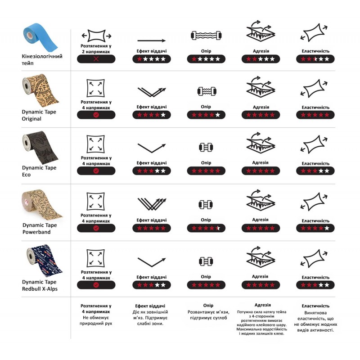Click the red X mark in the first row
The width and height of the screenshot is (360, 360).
pyautogui.click(x=96, y=59)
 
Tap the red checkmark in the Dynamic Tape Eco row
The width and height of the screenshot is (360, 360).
pyautogui.click(x=96, y=171)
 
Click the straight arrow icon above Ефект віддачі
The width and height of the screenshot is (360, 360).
pyautogui.click(x=152, y=40)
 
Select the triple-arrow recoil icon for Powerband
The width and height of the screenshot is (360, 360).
pyautogui.click(x=152, y=204)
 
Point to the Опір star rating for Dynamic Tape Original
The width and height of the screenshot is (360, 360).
pyautogui.click(x=206, y=115)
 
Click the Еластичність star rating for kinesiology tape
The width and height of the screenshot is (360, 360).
pyautogui.click(x=315, y=59)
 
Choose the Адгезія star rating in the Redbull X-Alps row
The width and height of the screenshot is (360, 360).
pyautogui.click(x=261, y=285)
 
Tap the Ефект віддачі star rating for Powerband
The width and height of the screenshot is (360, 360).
pyautogui.click(x=152, y=228)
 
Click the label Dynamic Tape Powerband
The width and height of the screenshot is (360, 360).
pyautogui.click(x=40, y=229)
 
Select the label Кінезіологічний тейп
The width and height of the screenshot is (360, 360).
pyautogui.click(x=42, y=59)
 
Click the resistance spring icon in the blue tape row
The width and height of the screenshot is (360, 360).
pyautogui.click(x=206, y=36)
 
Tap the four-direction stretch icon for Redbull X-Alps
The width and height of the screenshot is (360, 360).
pyautogui.click(x=95, y=258)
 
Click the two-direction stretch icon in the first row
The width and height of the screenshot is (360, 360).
pyautogui.click(x=96, y=36)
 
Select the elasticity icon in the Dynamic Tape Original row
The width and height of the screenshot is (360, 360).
pyautogui.click(x=314, y=88)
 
